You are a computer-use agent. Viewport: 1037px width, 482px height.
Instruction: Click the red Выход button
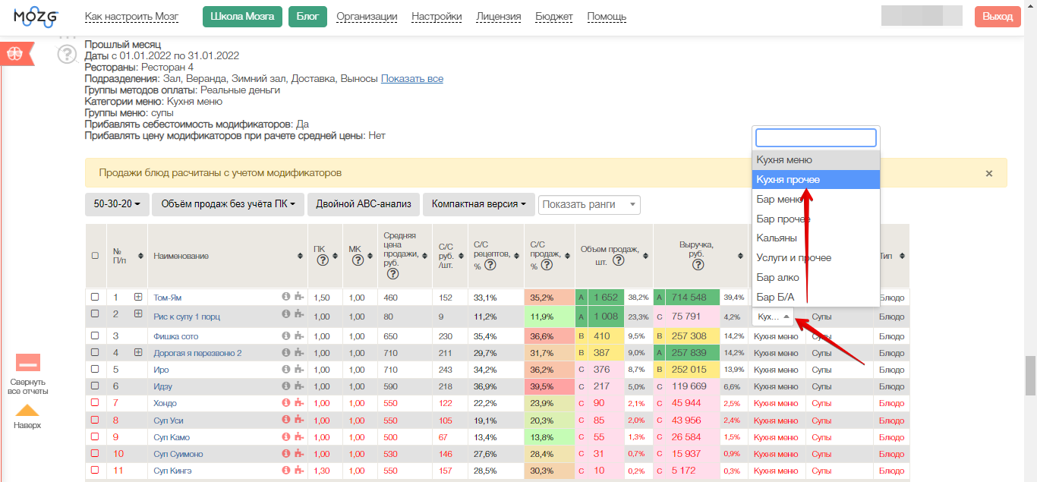[998, 17]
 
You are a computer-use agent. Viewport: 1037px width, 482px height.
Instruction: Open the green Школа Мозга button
[242, 17]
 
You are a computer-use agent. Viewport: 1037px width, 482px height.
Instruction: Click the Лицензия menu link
[499, 17]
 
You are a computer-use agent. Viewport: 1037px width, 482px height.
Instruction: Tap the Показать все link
[412, 79]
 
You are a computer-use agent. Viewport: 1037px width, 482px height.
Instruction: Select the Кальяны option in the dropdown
[777, 238]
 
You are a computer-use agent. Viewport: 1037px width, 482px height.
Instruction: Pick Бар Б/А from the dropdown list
[775, 297]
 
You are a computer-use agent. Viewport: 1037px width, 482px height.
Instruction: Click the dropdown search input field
[816, 137]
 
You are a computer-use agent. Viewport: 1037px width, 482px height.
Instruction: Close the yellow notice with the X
[989, 173]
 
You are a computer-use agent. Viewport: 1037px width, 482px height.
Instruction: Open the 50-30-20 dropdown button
[117, 204]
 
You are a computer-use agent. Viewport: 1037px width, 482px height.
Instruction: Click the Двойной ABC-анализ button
[364, 204]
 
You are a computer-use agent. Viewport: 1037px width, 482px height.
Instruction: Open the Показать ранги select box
[589, 205]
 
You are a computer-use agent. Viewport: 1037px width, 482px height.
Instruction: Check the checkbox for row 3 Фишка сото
[95, 336]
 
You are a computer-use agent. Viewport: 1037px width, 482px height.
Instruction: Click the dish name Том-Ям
[167, 298]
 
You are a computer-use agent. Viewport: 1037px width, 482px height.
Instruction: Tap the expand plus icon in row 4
[138, 352]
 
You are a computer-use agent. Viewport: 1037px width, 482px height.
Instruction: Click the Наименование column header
[181, 256]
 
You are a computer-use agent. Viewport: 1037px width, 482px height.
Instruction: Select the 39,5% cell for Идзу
[549, 386]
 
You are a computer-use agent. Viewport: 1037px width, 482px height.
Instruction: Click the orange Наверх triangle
[27, 410]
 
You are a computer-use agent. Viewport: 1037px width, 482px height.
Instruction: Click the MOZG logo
[36, 17]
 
